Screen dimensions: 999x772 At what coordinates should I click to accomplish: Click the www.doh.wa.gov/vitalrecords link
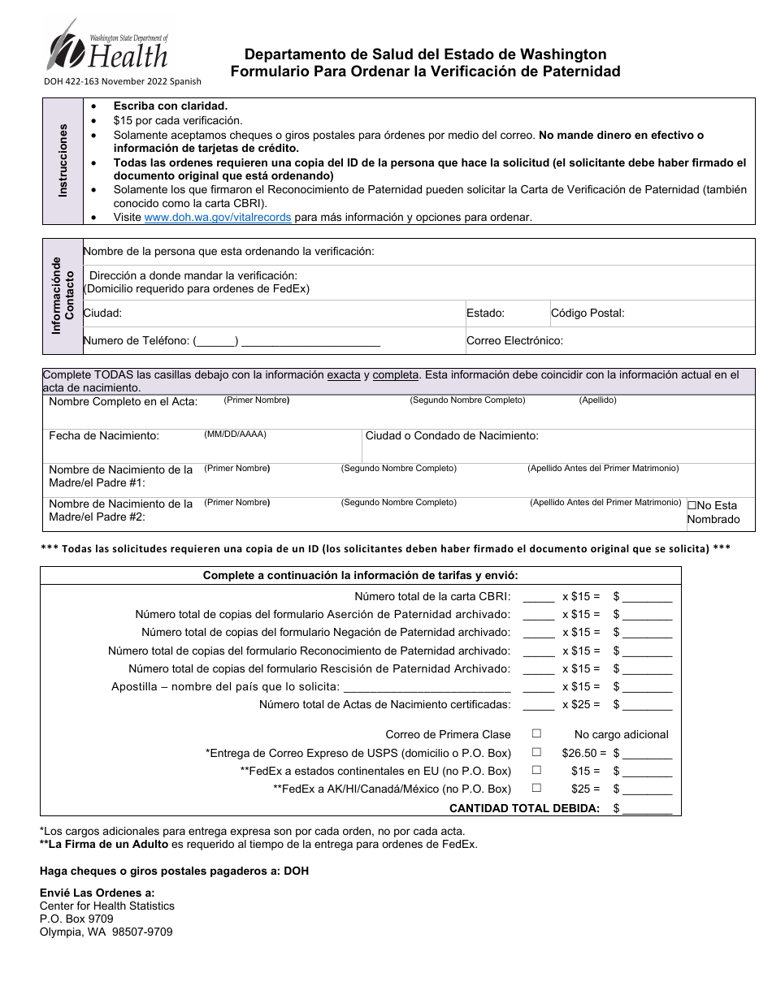pos(217,218)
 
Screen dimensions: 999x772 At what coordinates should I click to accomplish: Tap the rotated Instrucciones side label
pos(63,160)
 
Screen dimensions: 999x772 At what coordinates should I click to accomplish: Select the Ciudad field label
pos(102,313)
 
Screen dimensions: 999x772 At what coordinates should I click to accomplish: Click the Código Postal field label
pos(587,313)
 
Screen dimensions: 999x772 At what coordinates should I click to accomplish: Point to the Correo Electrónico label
pos(514,341)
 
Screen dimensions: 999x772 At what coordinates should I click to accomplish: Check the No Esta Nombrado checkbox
pos(692,505)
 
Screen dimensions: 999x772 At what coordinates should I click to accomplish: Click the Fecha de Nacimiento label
pos(104,436)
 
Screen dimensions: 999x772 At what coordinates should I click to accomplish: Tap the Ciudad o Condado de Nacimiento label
pos(452,436)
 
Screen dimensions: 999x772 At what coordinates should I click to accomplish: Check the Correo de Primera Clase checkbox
pos(536,733)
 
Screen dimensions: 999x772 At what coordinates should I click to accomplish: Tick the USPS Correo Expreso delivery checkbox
pos(536,752)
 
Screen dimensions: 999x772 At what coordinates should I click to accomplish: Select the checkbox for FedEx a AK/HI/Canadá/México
pos(536,788)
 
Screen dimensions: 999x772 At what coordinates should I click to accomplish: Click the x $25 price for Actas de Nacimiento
pos(581,705)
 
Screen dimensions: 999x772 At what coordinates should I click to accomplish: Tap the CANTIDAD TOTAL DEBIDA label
pos(524,808)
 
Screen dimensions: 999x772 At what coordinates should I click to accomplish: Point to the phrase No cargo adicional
pos(621,734)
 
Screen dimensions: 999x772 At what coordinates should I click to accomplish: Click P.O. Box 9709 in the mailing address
pos(76,919)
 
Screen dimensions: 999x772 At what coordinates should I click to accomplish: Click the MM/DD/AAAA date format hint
pos(235,435)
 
